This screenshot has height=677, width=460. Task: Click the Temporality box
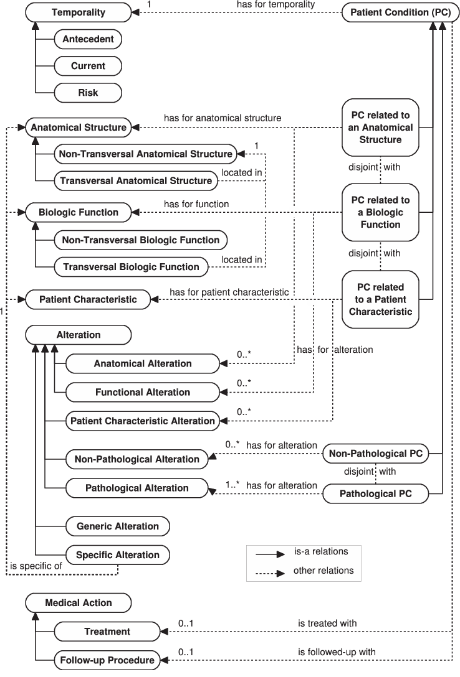click(x=78, y=12)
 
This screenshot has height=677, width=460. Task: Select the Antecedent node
click(x=88, y=39)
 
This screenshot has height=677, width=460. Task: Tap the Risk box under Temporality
click(x=88, y=93)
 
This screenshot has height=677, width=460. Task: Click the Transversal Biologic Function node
click(x=131, y=267)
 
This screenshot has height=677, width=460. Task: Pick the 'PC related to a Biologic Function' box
click(x=380, y=212)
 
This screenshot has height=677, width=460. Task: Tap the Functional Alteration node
click(x=142, y=392)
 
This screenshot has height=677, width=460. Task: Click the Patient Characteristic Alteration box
click(x=142, y=421)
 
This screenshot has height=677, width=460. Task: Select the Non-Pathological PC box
click(x=375, y=454)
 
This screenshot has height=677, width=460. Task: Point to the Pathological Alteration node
click(x=137, y=488)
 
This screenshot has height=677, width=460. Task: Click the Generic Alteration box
click(x=118, y=526)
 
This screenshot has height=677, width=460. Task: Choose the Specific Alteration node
click(x=117, y=554)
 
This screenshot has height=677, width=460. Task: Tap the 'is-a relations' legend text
click(x=320, y=551)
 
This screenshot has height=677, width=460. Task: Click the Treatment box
click(x=107, y=632)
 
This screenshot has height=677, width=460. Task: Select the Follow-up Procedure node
click(x=107, y=660)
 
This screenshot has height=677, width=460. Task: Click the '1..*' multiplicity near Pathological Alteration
click(x=233, y=483)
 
